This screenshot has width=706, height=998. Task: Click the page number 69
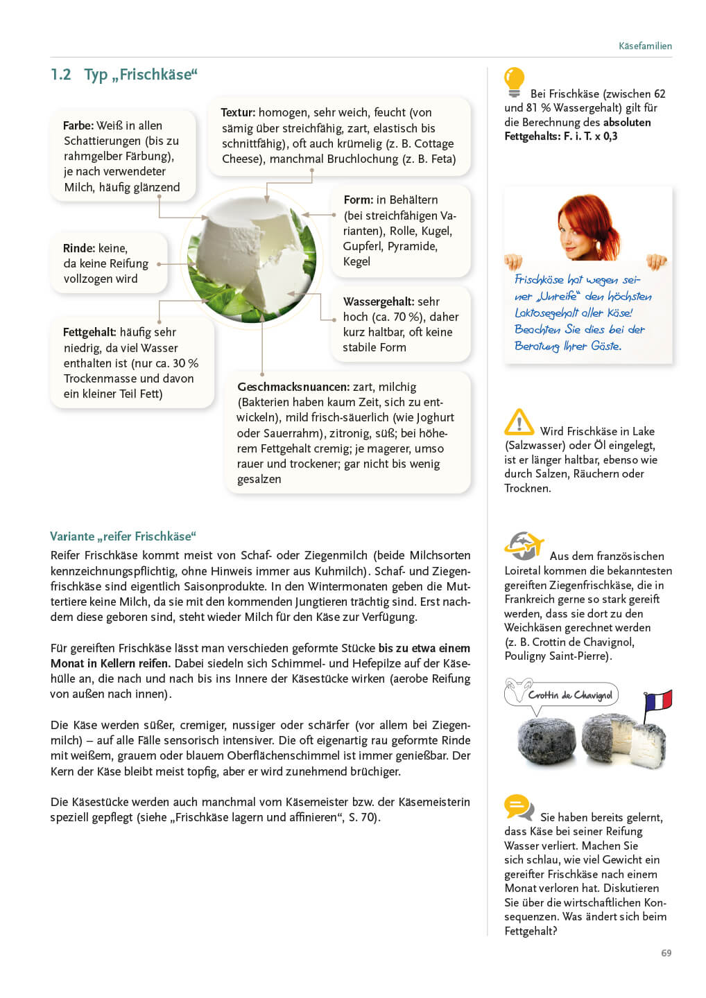pyautogui.click(x=666, y=953)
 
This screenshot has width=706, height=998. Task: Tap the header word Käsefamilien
pyautogui.click(x=645, y=46)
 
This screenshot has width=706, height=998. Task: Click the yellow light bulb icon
pyautogui.click(x=514, y=82)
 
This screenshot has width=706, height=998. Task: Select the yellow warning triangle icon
pyautogui.click(x=519, y=422)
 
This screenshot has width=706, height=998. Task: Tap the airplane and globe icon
pyautogui.click(x=523, y=545)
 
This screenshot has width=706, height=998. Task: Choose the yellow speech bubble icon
pyautogui.click(x=518, y=807)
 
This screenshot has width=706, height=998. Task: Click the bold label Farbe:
pyautogui.click(x=78, y=125)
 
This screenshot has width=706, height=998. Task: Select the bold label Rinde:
pyautogui.click(x=79, y=248)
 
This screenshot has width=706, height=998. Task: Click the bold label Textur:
pyautogui.click(x=238, y=112)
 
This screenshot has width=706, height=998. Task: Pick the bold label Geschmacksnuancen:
pyautogui.click(x=293, y=387)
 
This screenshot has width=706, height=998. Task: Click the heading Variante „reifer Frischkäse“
pyautogui.click(x=123, y=536)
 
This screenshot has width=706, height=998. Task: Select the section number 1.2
pyautogui.click(x=61, y=75)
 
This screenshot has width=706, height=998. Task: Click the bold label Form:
pyautogui.click(x=359, y=200)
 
